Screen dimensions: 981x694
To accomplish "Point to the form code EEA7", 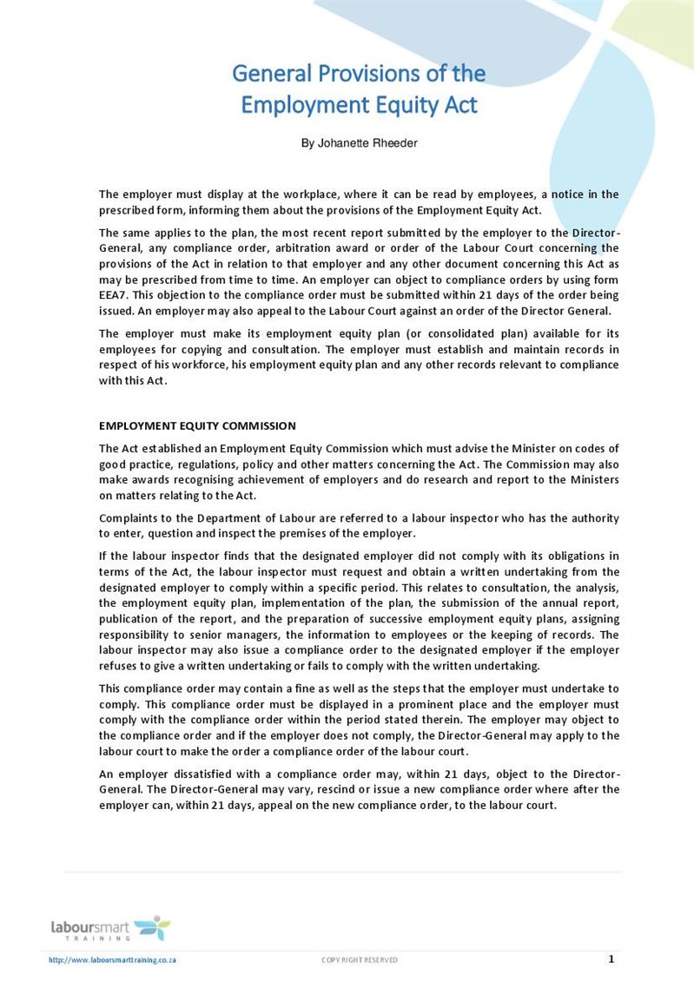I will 113,295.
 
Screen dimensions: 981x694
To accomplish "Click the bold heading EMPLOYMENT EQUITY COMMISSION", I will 197,425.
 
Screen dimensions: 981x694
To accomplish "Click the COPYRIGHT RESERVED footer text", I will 360,959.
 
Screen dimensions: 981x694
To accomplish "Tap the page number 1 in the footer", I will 611,958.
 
